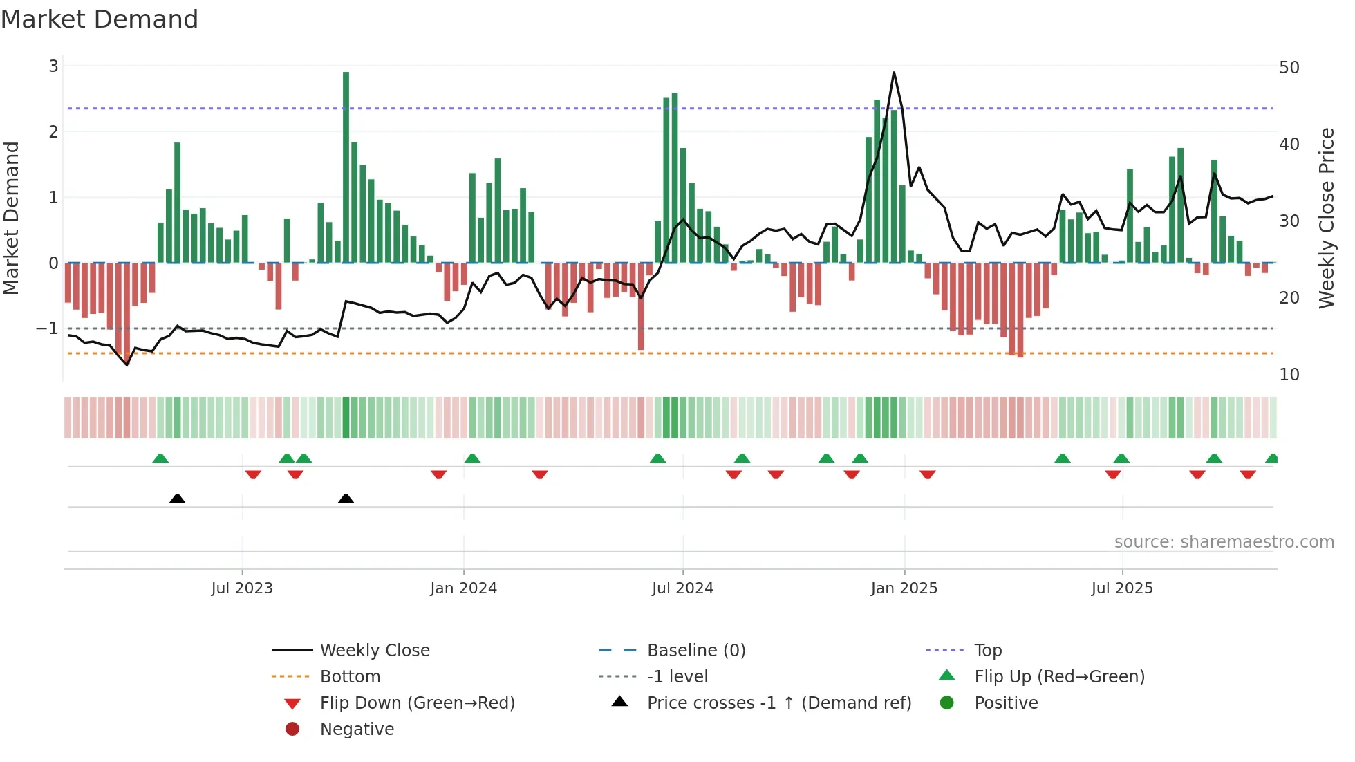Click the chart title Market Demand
tap(100, 19)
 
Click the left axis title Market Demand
tap(12, 219)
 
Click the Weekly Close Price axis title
tap(1326, 219)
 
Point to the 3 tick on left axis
tap(53, 66)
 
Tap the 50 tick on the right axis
tap(1289, 68)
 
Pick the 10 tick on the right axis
tap(1289, 375)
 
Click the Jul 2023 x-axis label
tap(242, 588)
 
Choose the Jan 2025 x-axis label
tap(904, 588)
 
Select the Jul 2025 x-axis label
tap(1122, 588)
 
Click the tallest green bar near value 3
tap(346, 166)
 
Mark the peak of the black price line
tap(894, 73)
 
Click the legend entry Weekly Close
tap(374, 651)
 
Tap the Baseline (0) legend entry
tap(695, 651)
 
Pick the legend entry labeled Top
tap(988, 651)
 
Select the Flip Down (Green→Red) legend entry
tap(417, 703)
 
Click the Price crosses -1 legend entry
tap(778, 703)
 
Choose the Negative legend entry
tap(357, 730)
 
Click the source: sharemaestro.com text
tap(1224, 542)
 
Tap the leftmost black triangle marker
tap(178, 499)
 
